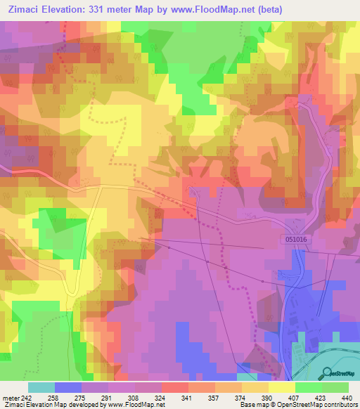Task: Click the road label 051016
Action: (x=297, y=239)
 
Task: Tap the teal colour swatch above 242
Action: (x=41, y=387)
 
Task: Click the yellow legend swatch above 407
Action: (x=281, y=387)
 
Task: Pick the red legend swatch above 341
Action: (x=174, y=387)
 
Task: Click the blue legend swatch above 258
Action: (x=67, y=387)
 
